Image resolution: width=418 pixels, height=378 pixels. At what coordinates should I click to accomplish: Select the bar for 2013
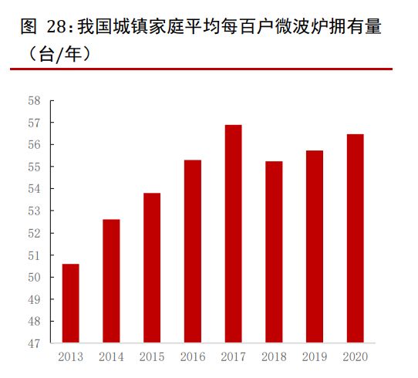click(x=71, y=303)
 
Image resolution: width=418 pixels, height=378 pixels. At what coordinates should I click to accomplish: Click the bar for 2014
click(x=112, y=281)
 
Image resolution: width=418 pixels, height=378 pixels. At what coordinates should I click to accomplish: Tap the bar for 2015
click(x=152, y=268)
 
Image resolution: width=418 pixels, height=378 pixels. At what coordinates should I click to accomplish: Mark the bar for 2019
click(x=314, y=246)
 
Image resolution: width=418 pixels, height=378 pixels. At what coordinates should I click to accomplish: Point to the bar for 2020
click(x=355, y=238)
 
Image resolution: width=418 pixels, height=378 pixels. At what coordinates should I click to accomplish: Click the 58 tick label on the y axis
click(x=34, y=100)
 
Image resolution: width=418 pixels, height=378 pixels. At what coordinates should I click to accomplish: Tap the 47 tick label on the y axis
click(x=34, y=343)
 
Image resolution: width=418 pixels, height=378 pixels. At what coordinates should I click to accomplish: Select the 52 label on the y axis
click(x=34, y=233)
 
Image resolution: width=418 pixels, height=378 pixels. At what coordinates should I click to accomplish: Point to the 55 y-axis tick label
click(x=34, y=167)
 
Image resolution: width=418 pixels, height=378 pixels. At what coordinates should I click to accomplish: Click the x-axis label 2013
click(x=71, y=357)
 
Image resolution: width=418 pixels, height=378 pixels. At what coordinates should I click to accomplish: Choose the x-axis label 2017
click(x=233, y=357)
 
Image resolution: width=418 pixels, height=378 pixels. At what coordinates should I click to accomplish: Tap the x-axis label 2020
click(x=355, y=357)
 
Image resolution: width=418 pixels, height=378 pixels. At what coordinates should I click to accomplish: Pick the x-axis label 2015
click(x=152, y=357)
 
